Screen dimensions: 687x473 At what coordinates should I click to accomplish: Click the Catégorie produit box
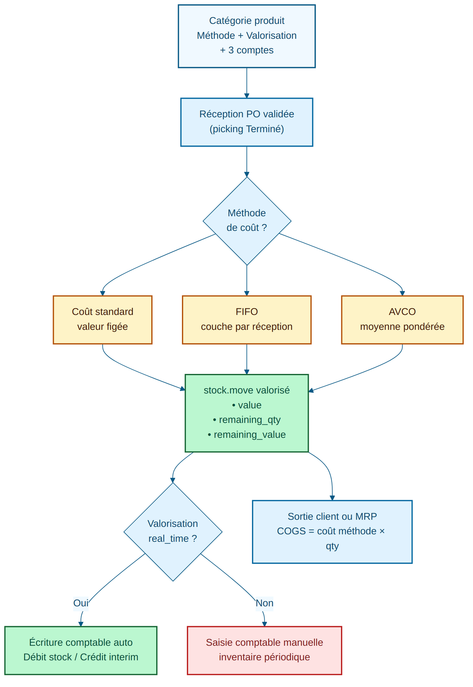pyautogui.click(x=247, y=36)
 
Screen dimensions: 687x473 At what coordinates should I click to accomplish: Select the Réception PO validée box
pyautogui.click(x=247, y=122)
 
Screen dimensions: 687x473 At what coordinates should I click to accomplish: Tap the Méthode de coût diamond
pyautogui.click(x=247, y=221)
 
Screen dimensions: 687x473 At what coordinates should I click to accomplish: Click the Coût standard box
pyautogui.click(x=102, y=320)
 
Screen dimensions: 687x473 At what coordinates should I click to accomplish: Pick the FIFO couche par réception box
pyautogui.click(x=247, y=320)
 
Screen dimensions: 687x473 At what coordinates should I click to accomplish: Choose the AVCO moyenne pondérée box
pyautogui.click(x=402, y=320)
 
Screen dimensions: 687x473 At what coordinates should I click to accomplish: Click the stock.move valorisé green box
pyautogui.click(x=247, y=413)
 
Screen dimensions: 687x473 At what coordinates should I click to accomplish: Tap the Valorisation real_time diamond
pyautogui.click(x=173, y=531)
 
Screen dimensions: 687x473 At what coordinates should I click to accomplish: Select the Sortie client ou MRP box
pyautogui.click(x=332, y=532)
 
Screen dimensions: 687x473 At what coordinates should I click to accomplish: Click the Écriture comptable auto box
pyautogui.click(x=81, y=650)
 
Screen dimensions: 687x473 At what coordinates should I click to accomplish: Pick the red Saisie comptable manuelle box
pyautogui.click(x=265, y=650)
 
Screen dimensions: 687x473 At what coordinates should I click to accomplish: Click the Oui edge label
pyautogui.click(x=81, y=603)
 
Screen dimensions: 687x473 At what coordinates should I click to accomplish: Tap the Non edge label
pyautogui.click(x=265, y=603)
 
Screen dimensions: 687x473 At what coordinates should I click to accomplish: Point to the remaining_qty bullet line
pyautogui.click(x=247, y=420)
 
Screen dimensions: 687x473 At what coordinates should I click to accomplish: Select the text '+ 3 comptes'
pyautogui.click(x=247, y=50)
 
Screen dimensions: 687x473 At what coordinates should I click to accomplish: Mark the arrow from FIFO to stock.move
pyautogui.click(x=247, y=359)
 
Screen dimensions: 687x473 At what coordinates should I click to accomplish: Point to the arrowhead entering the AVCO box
pyautogui.click(x=402, y=293)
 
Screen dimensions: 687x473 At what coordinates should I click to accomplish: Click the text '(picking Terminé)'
pyautogui.click(x=247, y=129)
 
